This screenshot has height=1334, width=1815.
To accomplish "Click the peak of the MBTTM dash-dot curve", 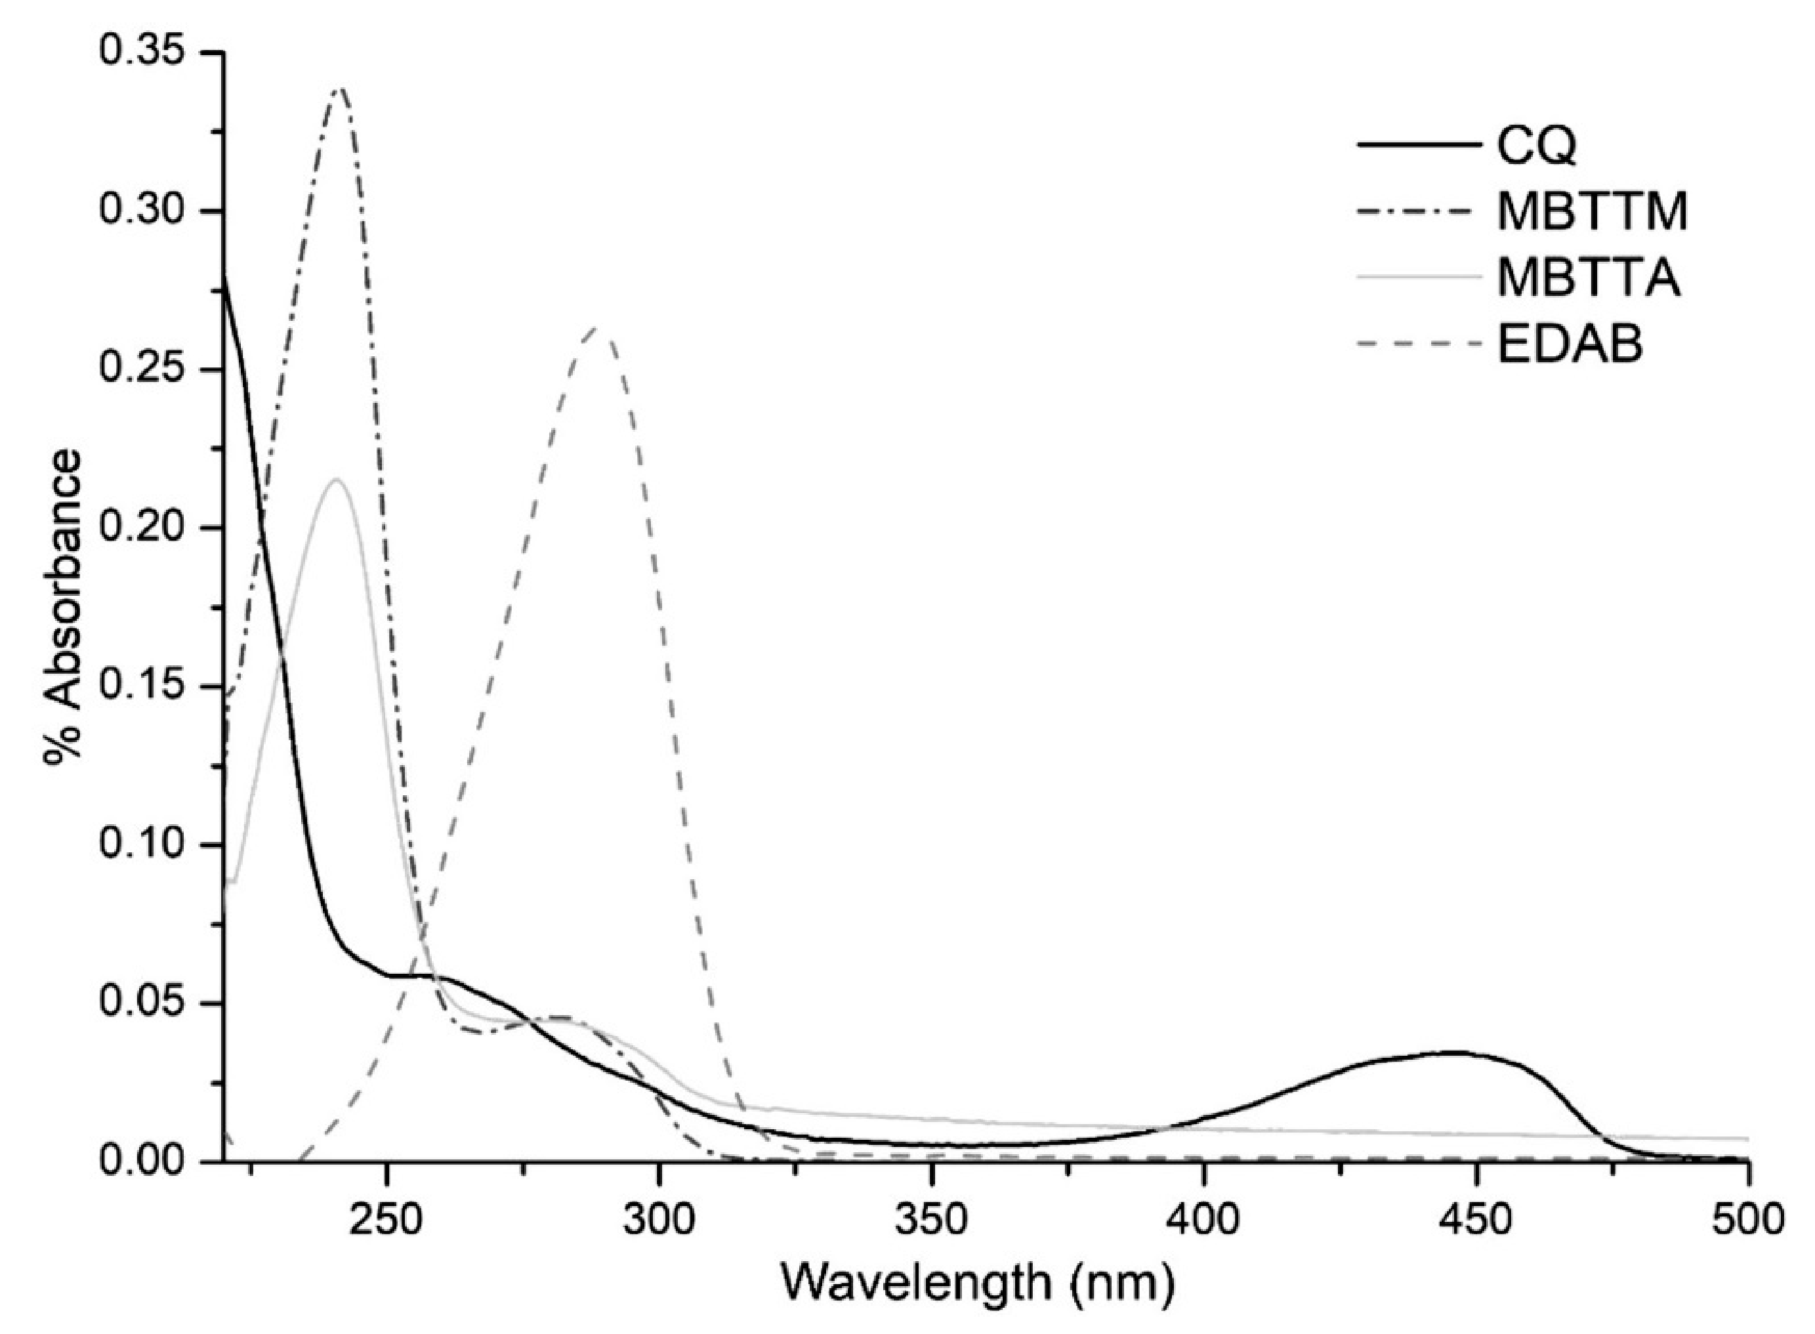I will pyautogui.click(x=340, y=89).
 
